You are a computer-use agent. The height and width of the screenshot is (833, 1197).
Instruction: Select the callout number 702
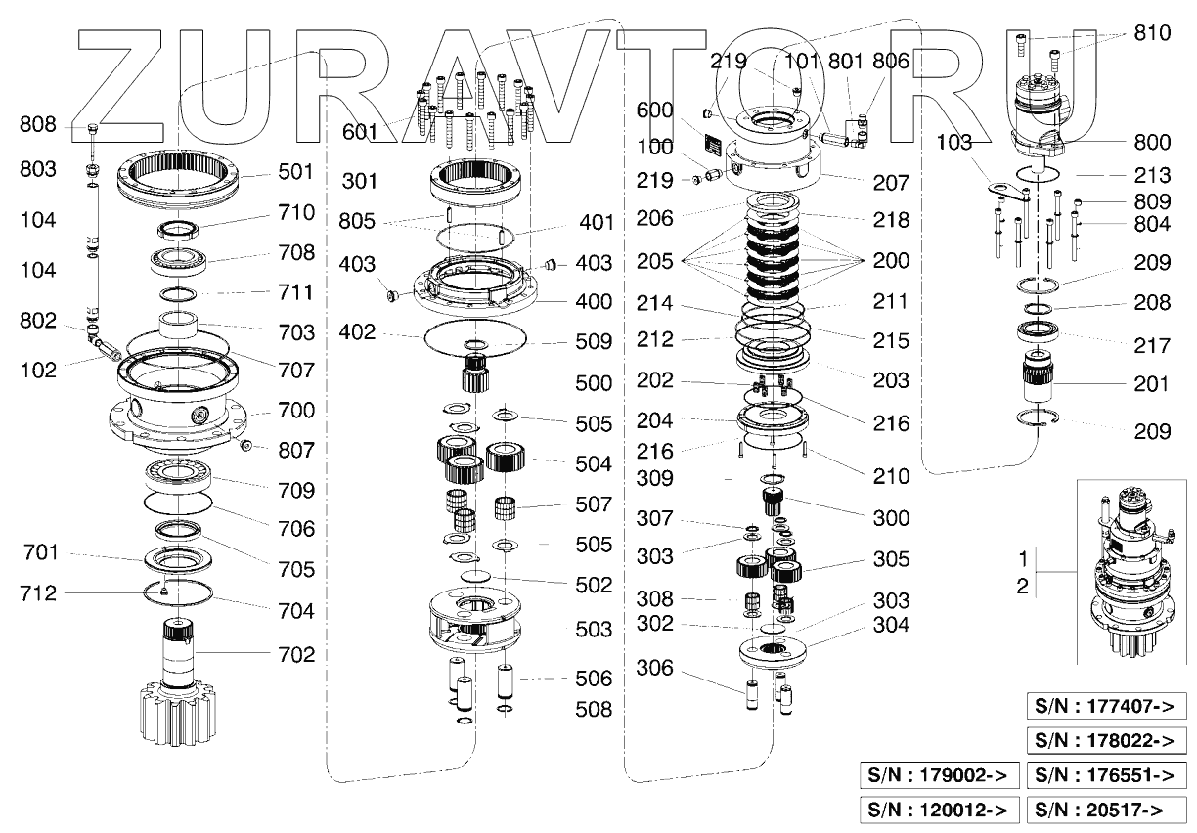click(x=295, y=655)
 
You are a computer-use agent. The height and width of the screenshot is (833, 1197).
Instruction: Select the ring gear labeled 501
click(x=181, y=176)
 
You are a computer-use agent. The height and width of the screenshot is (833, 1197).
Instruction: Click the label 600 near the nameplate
click(x=655, y=111)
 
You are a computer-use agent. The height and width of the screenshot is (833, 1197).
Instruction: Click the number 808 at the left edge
click(x=39, y=125)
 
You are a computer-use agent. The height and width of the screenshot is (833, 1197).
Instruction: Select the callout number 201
click(x=1151, y=385)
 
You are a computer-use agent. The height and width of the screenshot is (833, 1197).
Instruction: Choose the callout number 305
click(x=891, y=559)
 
